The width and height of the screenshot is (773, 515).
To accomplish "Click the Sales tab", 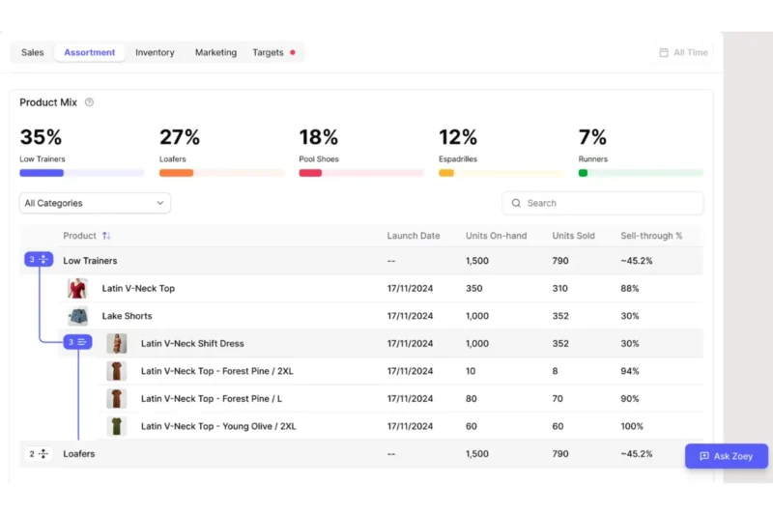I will [33, 52].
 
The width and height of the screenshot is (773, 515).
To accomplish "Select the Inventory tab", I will [155, 52].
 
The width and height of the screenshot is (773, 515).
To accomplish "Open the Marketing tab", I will [215, 52].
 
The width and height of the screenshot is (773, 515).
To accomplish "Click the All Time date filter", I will [683, 52].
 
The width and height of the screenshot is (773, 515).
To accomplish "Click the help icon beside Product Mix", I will [89, 102].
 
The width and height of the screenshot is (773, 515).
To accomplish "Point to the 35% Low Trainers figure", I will [41, 137].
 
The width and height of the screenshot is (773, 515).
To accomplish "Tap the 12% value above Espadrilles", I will [458, 137].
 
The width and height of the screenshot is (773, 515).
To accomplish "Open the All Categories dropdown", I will [95, 203].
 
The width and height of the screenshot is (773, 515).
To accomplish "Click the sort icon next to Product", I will [106, 236].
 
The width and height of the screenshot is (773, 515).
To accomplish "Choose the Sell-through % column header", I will [651, 236].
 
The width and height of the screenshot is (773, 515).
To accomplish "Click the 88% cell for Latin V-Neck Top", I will [630, 288].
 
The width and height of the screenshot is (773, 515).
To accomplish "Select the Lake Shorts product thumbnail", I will [77, 316].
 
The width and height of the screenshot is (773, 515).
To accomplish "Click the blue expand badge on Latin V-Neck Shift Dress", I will [77, 342].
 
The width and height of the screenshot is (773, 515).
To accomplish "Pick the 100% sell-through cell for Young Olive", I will [632, 426].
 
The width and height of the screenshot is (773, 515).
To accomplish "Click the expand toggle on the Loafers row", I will [39, 453].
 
